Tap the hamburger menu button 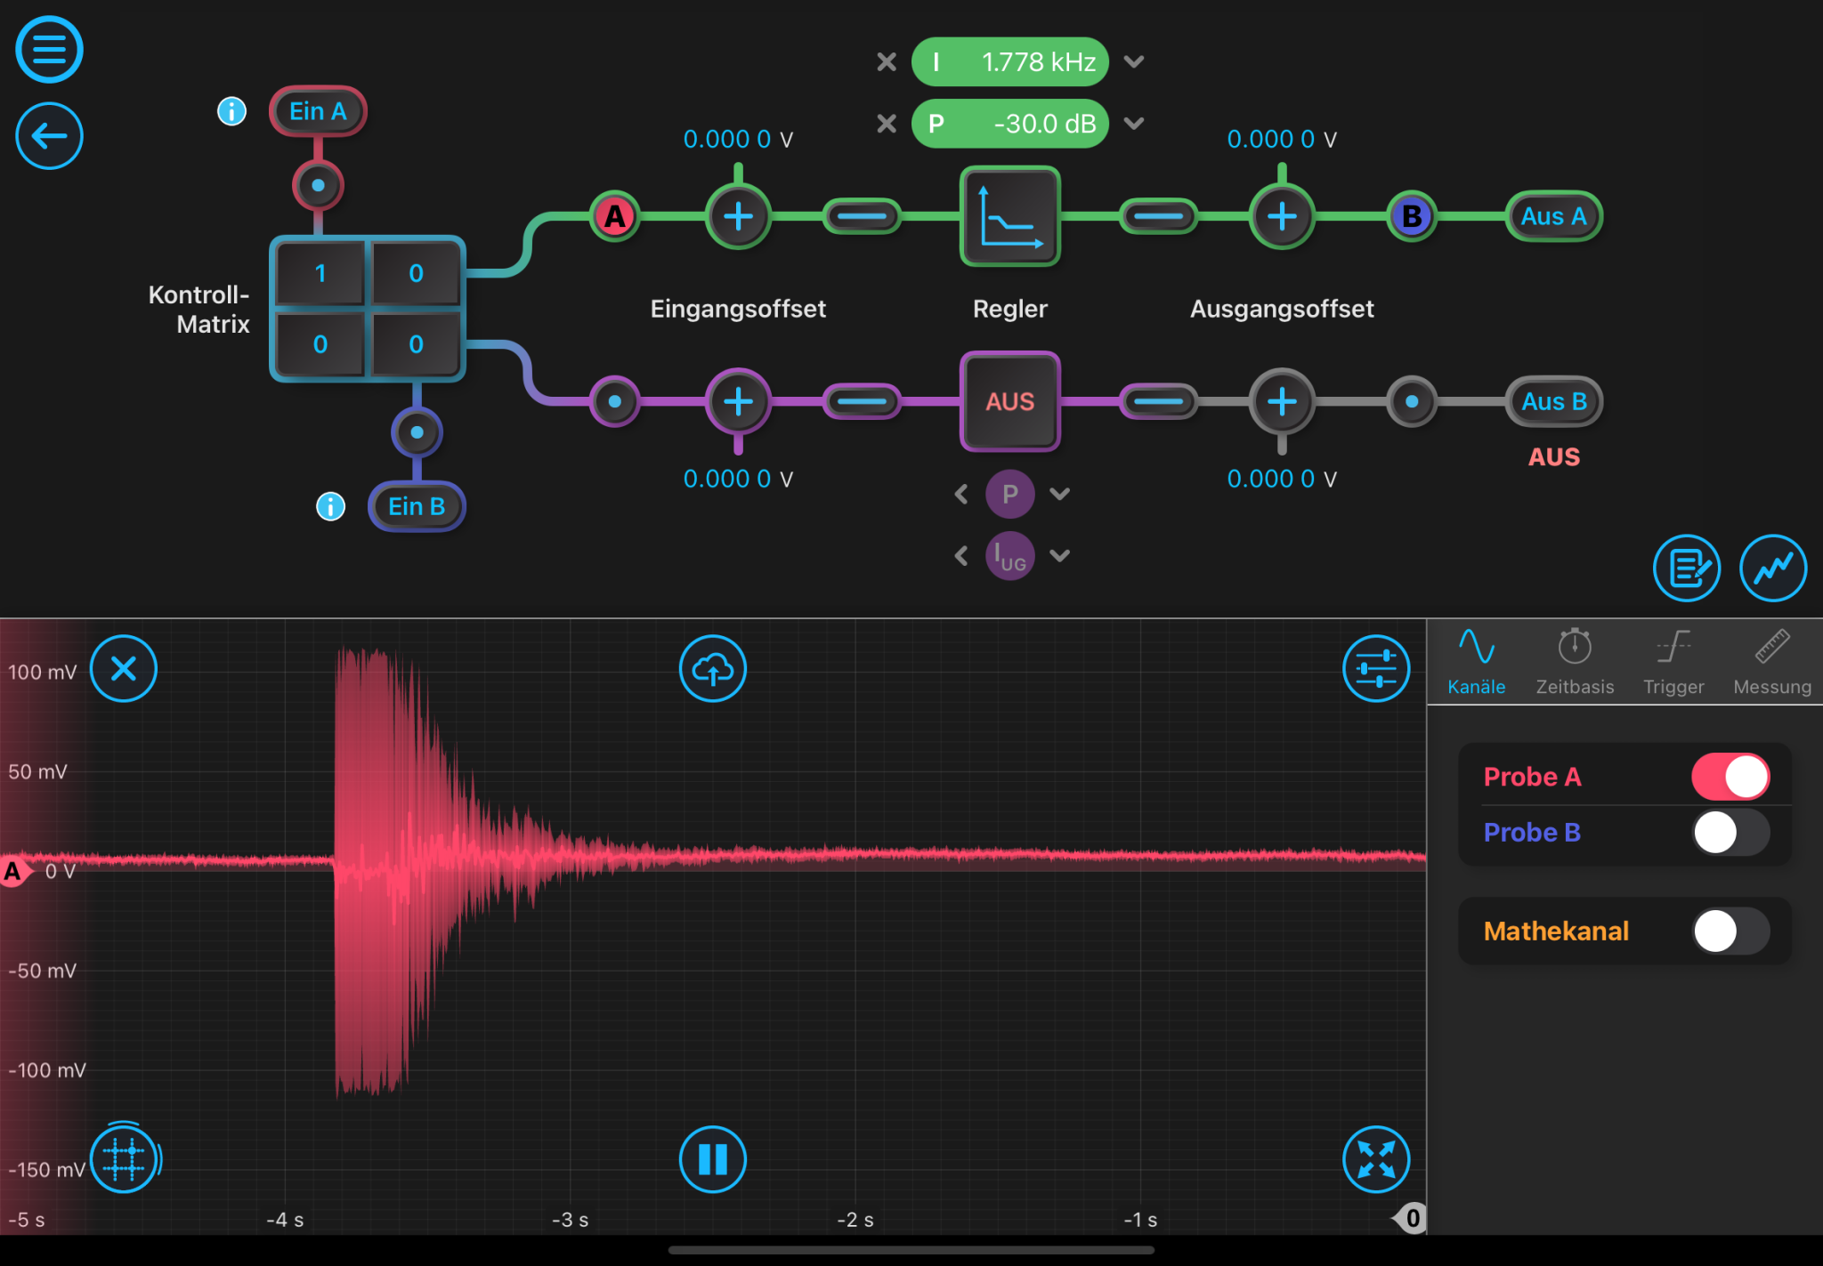coord(49,50)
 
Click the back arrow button coord(49,136)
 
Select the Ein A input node coord(318,111)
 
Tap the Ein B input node coord(417,506)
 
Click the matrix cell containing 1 coord(320,273)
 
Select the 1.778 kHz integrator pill coord(1009,62)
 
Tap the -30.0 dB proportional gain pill coord(1009,124)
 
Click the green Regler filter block coord(1009,216)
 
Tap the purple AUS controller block coord(1009,401)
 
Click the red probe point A coord(614,216)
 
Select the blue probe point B coord(1411,216)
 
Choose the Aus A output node coord(1553,216)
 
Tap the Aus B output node coord(1553,401)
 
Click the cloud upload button coord(712,668)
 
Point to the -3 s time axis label coord(570,1220)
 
